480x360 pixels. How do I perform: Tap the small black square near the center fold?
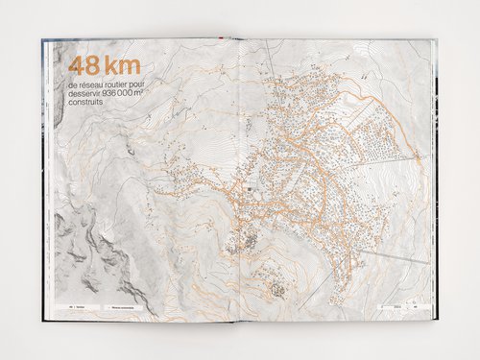[250, 190]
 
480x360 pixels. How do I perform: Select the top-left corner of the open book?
[43, 40]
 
